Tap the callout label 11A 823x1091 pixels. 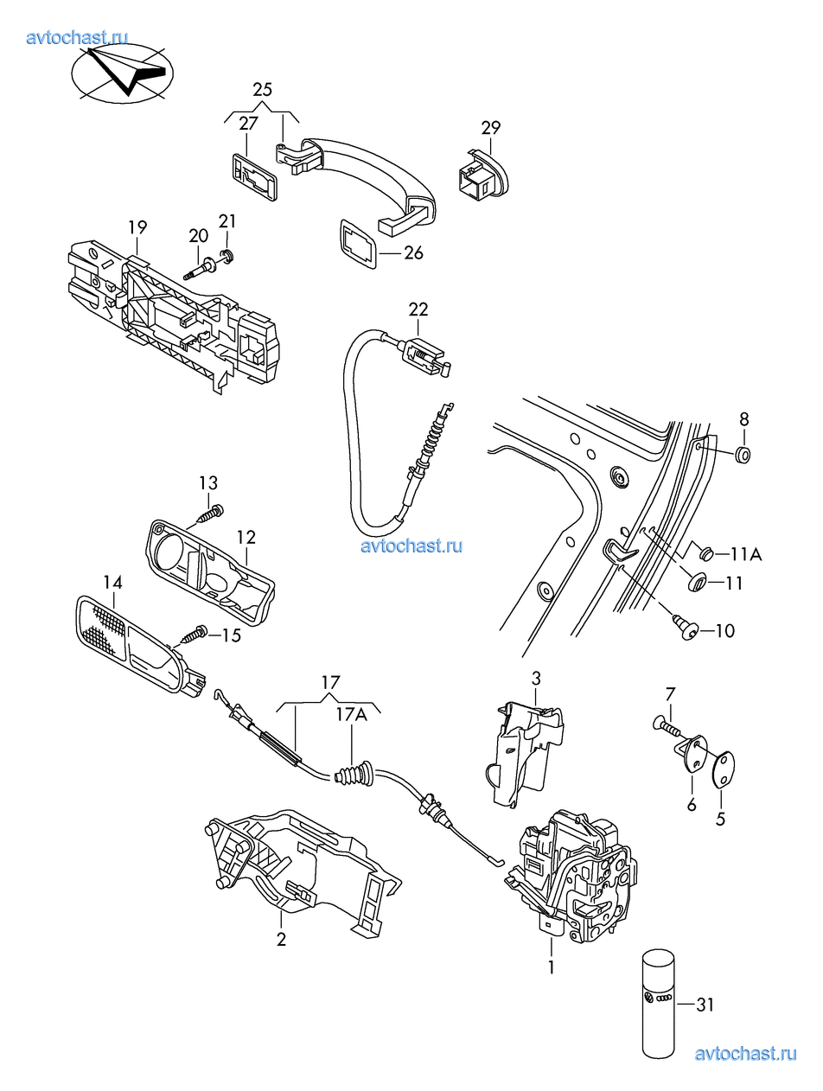[745, 553]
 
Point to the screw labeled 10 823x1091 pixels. [686, 628]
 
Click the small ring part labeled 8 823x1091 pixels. [743, 453]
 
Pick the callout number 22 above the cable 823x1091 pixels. [418, 309]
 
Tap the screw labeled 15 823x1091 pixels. [195, 633]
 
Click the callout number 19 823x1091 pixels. [137, 227]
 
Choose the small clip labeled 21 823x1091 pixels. [227, 257]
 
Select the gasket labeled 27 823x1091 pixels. [254, 177]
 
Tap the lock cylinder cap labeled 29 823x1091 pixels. [483, 175]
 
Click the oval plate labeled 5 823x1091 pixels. [724, 768]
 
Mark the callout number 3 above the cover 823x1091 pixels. [536, 678]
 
